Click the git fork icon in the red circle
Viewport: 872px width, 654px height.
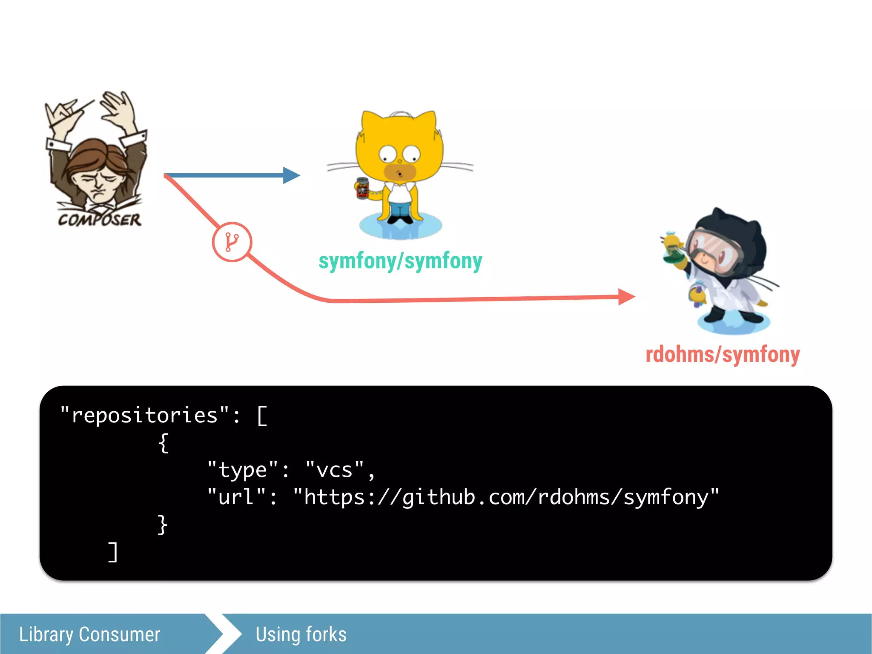pyautogui.click(x=232, y=242)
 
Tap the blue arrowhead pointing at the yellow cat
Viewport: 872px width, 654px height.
pyautogui.click(x=292, y=175)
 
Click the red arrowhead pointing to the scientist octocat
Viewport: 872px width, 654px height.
pyautogui.click(x=626, y=297)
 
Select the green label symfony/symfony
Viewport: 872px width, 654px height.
pyautogui.click(x=400, y=261)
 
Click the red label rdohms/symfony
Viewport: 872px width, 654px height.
pyautogui.click(x=723, y=354)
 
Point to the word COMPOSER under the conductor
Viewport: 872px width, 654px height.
pyautogui.click(x=100, y=220)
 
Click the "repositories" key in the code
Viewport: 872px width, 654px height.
pyautogui.click(x=145, y=415)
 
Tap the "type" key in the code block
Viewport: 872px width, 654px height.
pyautogui.click(x=243, y=470)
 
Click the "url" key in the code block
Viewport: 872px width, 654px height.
pyautogui.click(x=237, y=497)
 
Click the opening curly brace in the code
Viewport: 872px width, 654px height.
pyautogui.click(x=163, y=443)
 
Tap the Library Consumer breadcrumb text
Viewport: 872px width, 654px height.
pyautogui.click(x=89, y=634)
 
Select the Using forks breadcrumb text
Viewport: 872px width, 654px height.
pyautogui.click(x=301, y=634)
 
